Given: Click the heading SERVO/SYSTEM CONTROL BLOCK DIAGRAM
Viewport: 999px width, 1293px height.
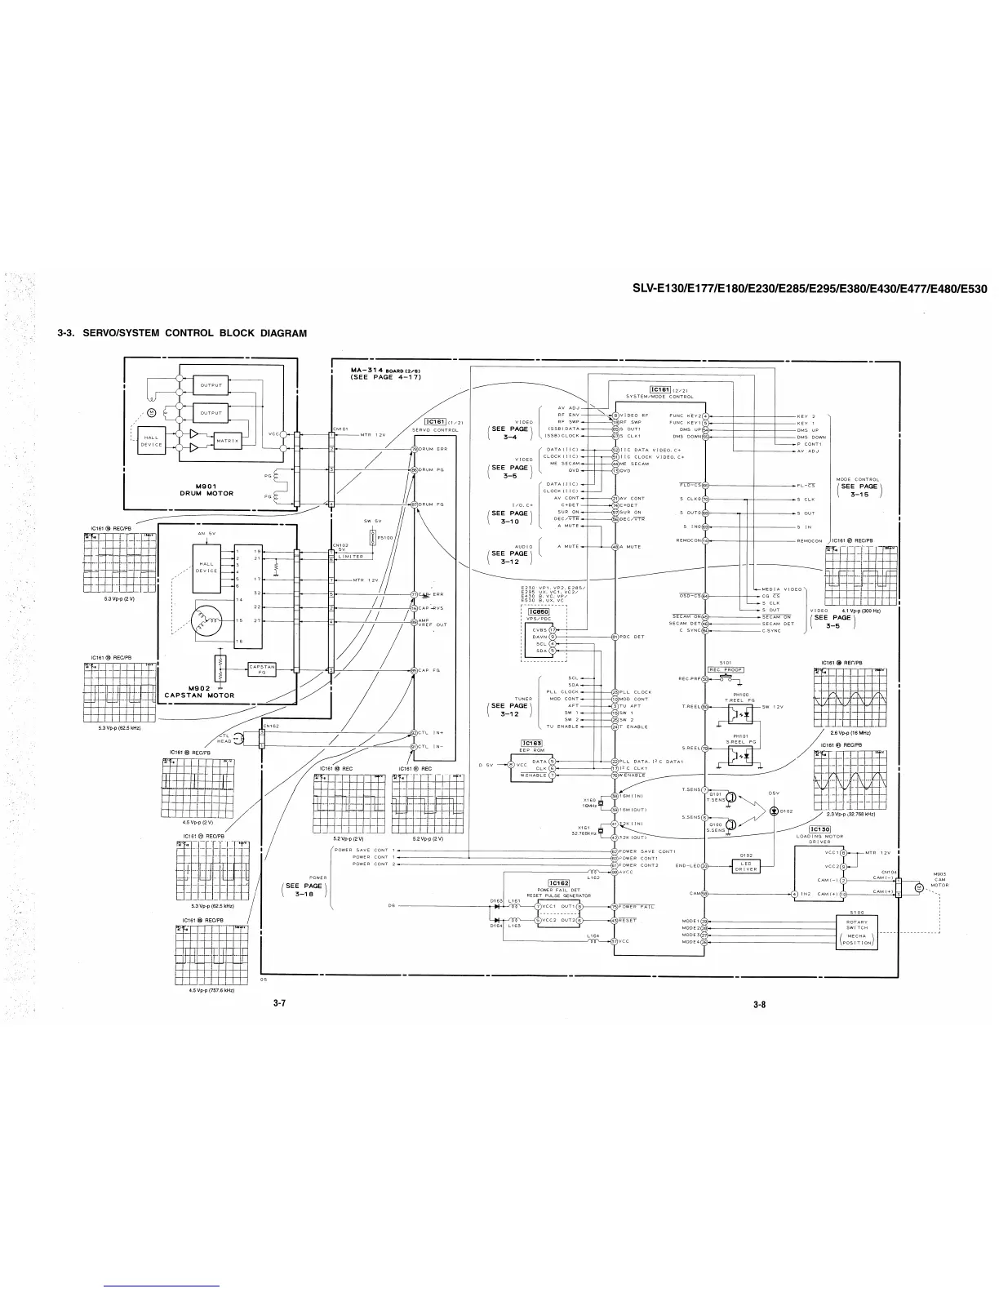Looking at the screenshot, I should coord(182,333).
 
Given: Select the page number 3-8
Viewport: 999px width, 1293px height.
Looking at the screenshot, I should coord(759,1005).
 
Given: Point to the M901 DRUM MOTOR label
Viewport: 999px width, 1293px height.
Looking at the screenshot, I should coord(206,489).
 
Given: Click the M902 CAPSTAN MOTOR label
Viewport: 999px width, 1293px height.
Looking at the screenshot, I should coord(199,691).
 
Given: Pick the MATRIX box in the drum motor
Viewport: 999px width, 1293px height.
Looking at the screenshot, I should coord(227,441).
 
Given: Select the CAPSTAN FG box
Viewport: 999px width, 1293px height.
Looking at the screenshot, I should coord(262,669).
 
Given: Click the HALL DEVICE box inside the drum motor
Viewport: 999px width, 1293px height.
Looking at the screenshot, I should coord(151,441).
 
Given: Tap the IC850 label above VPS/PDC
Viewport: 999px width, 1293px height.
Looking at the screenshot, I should coord(539,611).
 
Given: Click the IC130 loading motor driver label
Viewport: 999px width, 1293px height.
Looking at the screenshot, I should coord(819,829).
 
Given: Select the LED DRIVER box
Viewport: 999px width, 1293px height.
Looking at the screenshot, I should coord(746,866).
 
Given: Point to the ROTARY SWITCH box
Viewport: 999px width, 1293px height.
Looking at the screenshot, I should coord(857,925).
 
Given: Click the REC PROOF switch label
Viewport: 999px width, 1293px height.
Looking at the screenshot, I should coord(725,670).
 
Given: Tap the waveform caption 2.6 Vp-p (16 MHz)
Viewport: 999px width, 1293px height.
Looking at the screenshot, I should coord(847,732).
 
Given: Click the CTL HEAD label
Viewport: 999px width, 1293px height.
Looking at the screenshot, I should coord(224,738).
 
